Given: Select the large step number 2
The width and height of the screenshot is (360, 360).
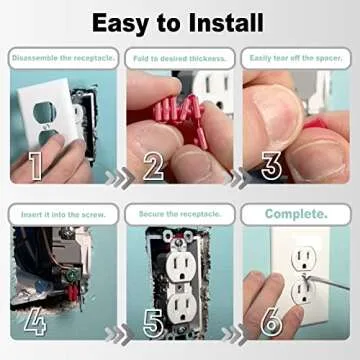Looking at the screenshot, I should (x=153, y=165).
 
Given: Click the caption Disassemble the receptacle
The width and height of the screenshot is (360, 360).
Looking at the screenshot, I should (x=64, y=59).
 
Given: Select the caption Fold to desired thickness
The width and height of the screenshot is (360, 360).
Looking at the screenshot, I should (x=180, y=59).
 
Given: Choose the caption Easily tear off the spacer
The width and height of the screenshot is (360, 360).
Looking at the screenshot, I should (x=296, y=59).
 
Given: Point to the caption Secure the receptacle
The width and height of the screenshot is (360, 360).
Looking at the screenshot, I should (x=180, y=214).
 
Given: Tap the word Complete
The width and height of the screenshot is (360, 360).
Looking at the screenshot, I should (x=296, y=214).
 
